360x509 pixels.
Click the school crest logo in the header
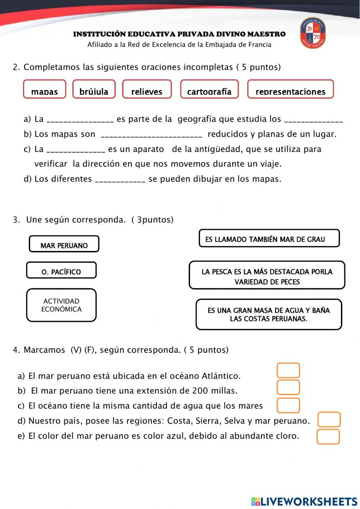(x=313, y=33)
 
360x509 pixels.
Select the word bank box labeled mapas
(x=45, y=89)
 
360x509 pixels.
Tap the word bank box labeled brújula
(x=94, y=89)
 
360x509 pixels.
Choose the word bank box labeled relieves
(x=147, y=89)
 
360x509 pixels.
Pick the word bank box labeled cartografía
(x=210, y=89)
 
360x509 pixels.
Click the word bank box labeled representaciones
(x=291, y=89)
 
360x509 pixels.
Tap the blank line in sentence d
(x=120, y=180)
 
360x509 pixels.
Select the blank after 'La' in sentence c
(x=76, y=150)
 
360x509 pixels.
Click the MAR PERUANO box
(x=64, y=244)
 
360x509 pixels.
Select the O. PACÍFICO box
(x=61, y=270)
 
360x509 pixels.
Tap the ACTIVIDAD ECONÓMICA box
(x=61, y=305)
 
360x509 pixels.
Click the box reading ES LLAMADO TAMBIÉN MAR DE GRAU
(x=269, y=239)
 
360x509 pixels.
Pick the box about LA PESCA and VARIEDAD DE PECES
(x=267, y=275)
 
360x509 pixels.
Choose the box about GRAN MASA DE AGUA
(x=269, y=314)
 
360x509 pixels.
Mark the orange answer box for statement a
(x=288, y=371)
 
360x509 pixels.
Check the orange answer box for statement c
(x=288, y=405)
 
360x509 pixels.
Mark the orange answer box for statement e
(x=328, y=437)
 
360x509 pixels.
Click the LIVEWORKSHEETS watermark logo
(x=304, y=501)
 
